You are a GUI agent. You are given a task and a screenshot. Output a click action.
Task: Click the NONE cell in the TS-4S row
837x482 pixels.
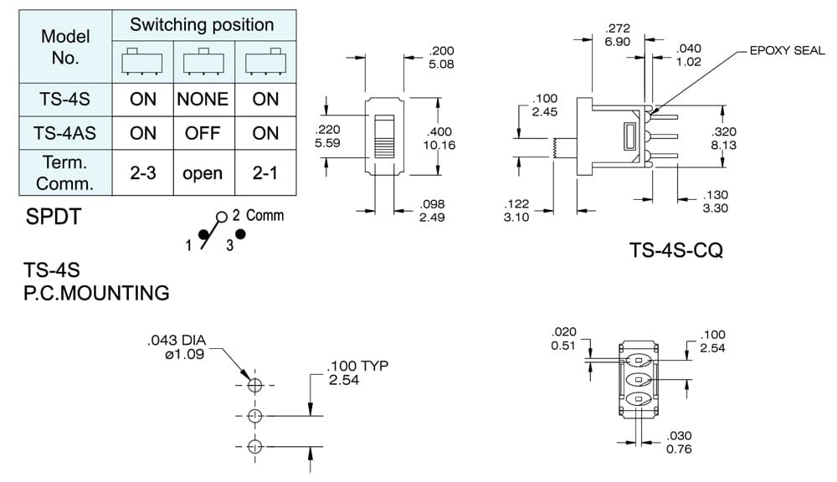coord(203,100)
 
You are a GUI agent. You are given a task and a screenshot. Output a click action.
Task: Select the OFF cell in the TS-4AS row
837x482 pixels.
coord(203,133)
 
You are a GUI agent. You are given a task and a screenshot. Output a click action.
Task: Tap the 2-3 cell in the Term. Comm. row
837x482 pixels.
coord(143,173)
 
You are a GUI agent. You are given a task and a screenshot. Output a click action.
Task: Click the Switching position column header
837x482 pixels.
coord(202,24)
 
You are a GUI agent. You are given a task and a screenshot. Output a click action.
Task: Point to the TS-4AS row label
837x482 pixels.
coord(64,133)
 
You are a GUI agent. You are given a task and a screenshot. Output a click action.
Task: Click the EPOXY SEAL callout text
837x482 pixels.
coord(787,51)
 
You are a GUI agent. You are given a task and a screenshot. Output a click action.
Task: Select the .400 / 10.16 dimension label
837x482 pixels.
coord(439,138)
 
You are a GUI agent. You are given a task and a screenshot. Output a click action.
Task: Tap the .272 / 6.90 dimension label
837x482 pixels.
coord(618,35)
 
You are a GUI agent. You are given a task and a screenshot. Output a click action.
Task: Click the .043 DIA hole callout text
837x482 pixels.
coord(177,347)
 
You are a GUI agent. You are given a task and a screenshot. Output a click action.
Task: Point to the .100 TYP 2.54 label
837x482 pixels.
coord(357,372)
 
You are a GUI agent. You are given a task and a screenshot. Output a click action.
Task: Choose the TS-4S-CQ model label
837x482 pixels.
coord(675,250)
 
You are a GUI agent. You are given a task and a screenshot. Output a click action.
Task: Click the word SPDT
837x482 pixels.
coord(54,217)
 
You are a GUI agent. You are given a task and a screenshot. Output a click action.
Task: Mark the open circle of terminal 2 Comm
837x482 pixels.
coord(222,218)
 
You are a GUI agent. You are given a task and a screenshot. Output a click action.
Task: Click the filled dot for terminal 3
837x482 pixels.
coord(241,233)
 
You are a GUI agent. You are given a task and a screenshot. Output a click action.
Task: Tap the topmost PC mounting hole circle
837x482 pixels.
coord(255,385)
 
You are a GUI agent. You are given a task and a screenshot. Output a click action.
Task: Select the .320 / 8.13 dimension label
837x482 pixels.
coord(724,138)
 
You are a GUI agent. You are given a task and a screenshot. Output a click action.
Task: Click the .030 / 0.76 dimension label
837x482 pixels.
coord(679,443)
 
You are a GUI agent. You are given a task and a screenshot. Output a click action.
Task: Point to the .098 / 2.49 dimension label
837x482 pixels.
coord(432,211)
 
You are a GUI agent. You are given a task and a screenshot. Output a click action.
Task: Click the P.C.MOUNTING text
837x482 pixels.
coord(96,293)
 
